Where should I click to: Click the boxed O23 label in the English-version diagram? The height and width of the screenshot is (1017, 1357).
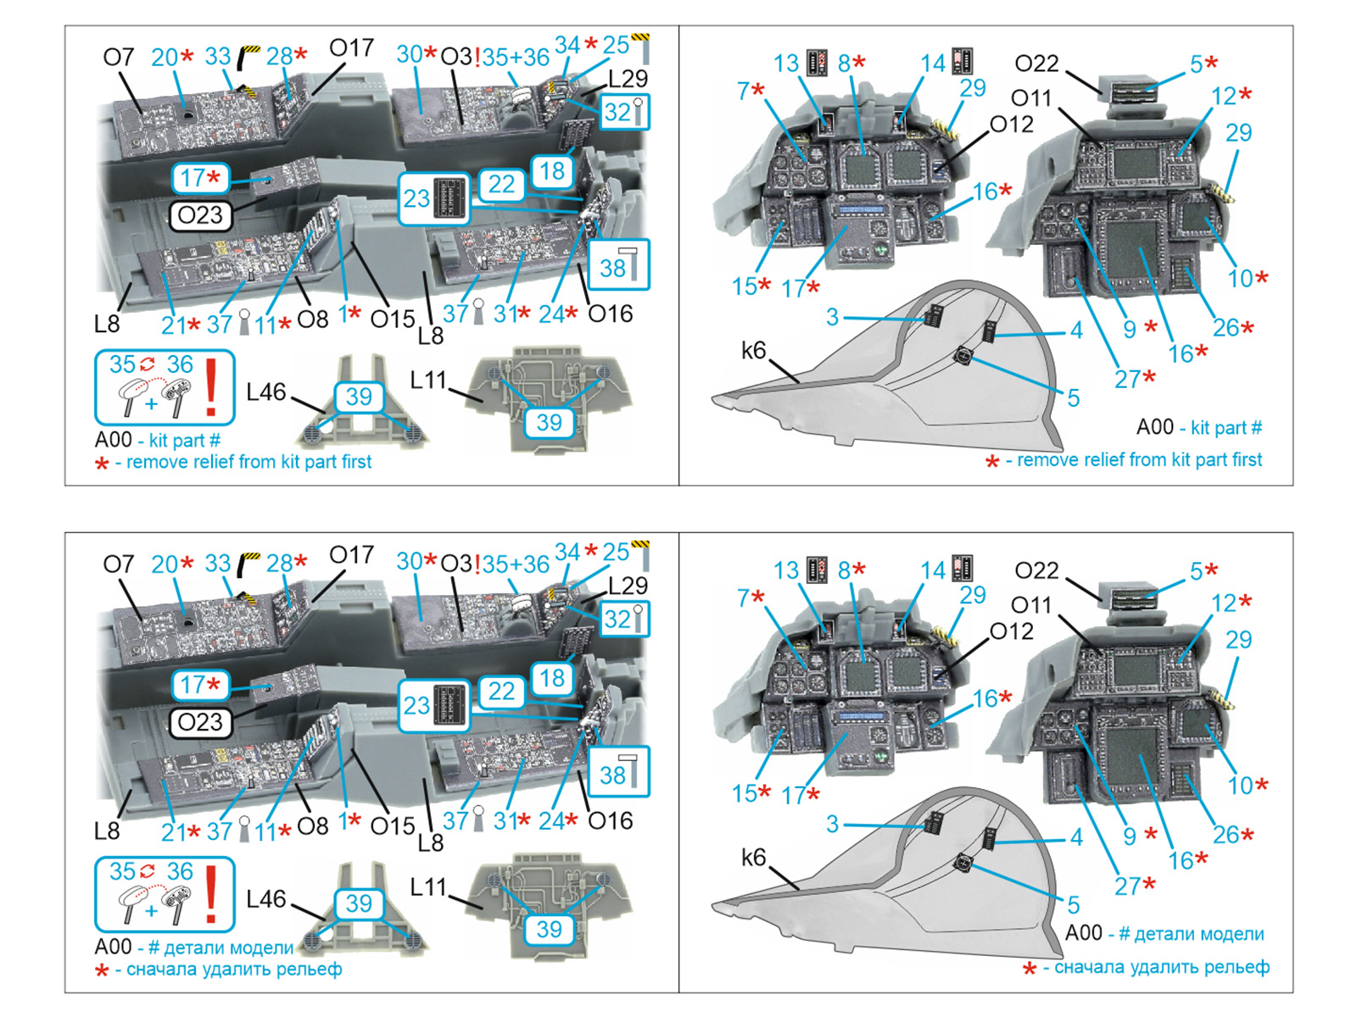[x=199, y=215]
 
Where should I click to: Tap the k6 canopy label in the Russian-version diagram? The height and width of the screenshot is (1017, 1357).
[x=754, y=857]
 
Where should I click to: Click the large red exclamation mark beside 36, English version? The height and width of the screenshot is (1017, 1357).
[x=211, y=387]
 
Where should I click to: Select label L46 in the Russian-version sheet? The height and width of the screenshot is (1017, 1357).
[x=265, y=899]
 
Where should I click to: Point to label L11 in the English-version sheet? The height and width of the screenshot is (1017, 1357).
[x=427, y=380]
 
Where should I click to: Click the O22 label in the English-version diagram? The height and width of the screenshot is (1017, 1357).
[x=1036, y=63]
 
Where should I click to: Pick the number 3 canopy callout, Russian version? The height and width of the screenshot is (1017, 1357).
[x=833, y=824]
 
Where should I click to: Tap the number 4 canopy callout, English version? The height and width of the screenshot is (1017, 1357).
[x=1076, y=331]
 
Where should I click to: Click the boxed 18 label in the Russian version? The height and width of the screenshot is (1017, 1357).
[x=552, y=678]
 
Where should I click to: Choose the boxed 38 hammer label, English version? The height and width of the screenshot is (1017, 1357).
[x=617, y=265]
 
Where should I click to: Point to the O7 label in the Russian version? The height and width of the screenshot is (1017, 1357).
[x=118, y=564]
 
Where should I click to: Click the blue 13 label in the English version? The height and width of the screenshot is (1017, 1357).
[x=786, y=63]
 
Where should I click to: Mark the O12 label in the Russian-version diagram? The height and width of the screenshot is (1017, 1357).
[x=1012, y=631]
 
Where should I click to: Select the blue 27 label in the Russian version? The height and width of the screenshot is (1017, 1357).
[x=1127, y=886]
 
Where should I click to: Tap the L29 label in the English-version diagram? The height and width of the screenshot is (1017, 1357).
[x=628, y=79]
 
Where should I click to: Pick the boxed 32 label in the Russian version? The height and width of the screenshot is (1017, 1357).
[x=624, y=619]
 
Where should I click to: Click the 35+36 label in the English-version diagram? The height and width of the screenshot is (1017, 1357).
[x=516, y=58]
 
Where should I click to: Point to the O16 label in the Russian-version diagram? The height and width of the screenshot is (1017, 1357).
[x=610, y=820]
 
